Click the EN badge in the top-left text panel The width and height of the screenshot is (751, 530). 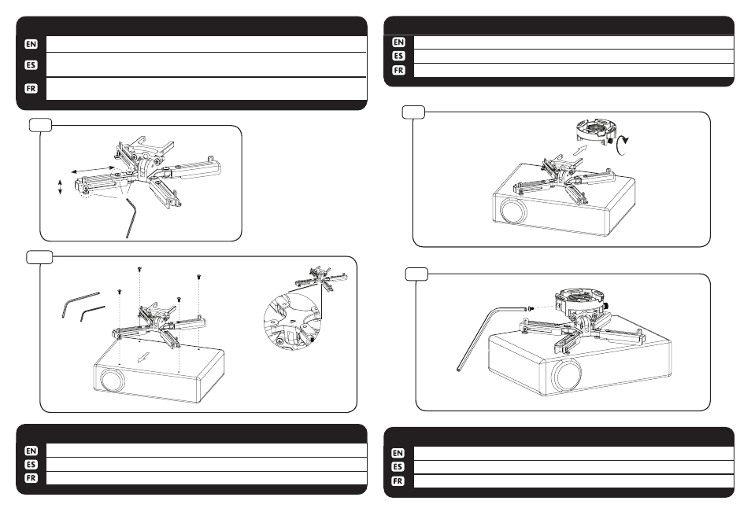(x=31, y=44)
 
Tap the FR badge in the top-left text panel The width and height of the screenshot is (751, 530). (x=31, y=89)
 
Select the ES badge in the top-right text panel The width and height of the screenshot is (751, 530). (x=398, y=56)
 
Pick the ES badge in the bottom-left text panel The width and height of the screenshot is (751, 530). (x=31, y=465)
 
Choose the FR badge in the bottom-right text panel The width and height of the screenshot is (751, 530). (x=398, y=480)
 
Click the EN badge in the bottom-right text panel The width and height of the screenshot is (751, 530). (x=398, y=453)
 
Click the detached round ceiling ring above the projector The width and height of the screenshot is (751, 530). (x=596, y=131)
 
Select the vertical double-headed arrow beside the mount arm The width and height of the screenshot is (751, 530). (x=60, y=186)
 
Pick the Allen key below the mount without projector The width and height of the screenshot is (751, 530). (x=130, y=219)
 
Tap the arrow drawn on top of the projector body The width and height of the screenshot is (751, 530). (x=142, y=357)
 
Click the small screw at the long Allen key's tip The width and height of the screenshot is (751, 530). (x=528, y=308)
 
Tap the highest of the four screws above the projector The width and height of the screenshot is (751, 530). (x=139, y=270)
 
